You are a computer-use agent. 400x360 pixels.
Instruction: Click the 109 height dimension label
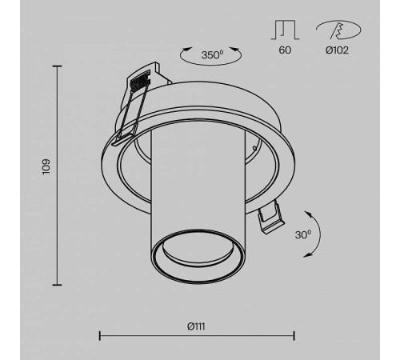click(46, 166)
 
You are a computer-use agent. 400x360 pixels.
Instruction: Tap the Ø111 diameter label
click(196, 326)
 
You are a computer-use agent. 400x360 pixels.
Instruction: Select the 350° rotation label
click(212, 55)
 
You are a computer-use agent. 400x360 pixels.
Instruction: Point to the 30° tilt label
click(303, 234)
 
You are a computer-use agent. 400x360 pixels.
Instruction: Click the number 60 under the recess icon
click(285, 50)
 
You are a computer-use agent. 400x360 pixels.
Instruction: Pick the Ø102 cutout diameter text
click(337, 50)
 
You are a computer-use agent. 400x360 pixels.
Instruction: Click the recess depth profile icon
click(285, 30)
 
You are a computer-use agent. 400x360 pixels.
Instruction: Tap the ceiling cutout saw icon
click(338, 30)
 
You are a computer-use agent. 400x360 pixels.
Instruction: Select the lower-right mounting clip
click(270, 218)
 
